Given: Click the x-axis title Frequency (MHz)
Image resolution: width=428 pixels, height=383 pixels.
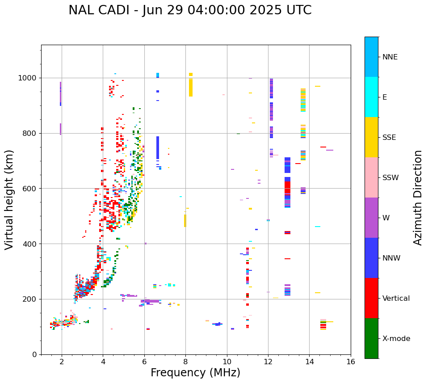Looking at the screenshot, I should click(x=195, y=373).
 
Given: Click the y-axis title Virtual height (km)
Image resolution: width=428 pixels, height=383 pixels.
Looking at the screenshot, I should click(x=9, y=199).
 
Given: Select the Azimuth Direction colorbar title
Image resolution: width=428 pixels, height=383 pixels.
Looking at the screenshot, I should click(x=418, y=198).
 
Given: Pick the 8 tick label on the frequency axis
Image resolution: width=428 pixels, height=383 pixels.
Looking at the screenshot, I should click(x=185, y=362).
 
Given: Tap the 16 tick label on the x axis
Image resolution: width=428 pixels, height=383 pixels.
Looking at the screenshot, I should click(x=351, y=362).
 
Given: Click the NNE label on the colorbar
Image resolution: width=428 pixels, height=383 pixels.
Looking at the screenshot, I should click(x=390, y=57).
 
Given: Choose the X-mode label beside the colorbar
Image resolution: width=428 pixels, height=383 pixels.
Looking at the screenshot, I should click(x=396, y=339).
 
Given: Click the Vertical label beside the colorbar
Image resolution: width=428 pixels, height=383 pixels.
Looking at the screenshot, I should click(x=396, y=299).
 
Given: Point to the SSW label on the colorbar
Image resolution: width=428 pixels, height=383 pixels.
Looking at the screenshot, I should click(x=390, y=178).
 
